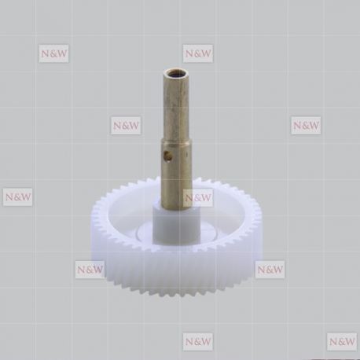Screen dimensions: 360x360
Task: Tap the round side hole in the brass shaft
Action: (x=167, y=156)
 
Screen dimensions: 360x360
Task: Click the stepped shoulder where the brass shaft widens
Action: (x=176, y=141)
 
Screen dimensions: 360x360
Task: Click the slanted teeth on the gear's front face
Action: (x=176, y=273)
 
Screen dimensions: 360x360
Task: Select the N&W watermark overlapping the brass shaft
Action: (x=198, y=197)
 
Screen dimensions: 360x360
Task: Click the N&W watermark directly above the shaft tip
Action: (x=198, y=53)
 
